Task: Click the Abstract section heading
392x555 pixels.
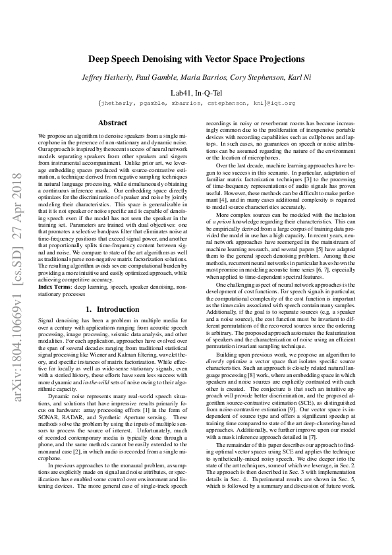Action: tap(113, 123)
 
